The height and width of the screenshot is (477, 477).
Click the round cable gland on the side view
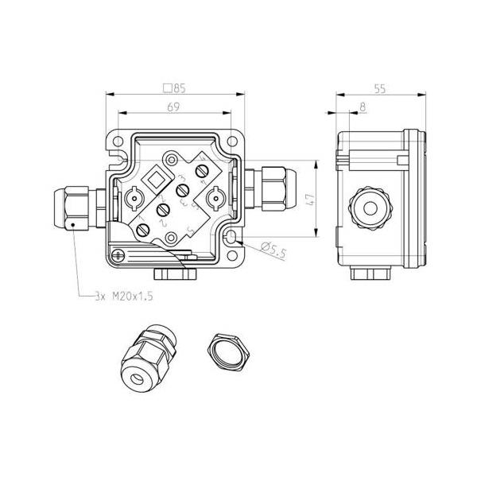pyautogui.click(x=370, y=208)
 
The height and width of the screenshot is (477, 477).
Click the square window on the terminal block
pyautogui.click(x=158, y=178)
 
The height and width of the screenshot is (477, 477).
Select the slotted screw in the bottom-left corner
pyautogui.click(x=118, y=255)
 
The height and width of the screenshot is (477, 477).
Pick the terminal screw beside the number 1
pyautogui.click(x=144, y=230)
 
